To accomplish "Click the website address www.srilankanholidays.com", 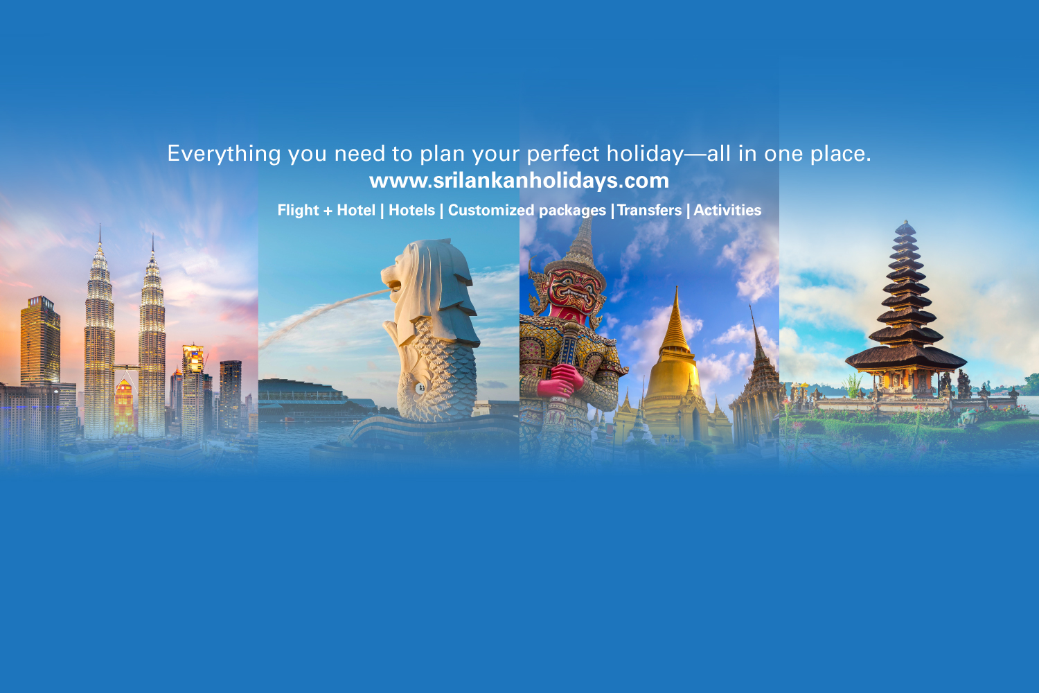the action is (519, 181).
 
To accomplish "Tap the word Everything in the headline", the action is (224, 154).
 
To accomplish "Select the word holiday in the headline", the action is (645, 154).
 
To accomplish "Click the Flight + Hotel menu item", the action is (326, 210).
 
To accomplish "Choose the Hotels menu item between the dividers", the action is (412, 210).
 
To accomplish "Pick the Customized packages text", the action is (527, 211).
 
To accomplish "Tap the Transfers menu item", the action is (650, 210).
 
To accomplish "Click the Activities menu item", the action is (727, 210).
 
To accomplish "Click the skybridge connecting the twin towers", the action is (126, 367).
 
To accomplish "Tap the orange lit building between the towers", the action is (124, 407).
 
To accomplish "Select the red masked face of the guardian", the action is (574, 292).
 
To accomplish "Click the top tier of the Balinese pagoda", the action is (905, 229).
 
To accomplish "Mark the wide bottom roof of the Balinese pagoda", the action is (906, 358).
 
